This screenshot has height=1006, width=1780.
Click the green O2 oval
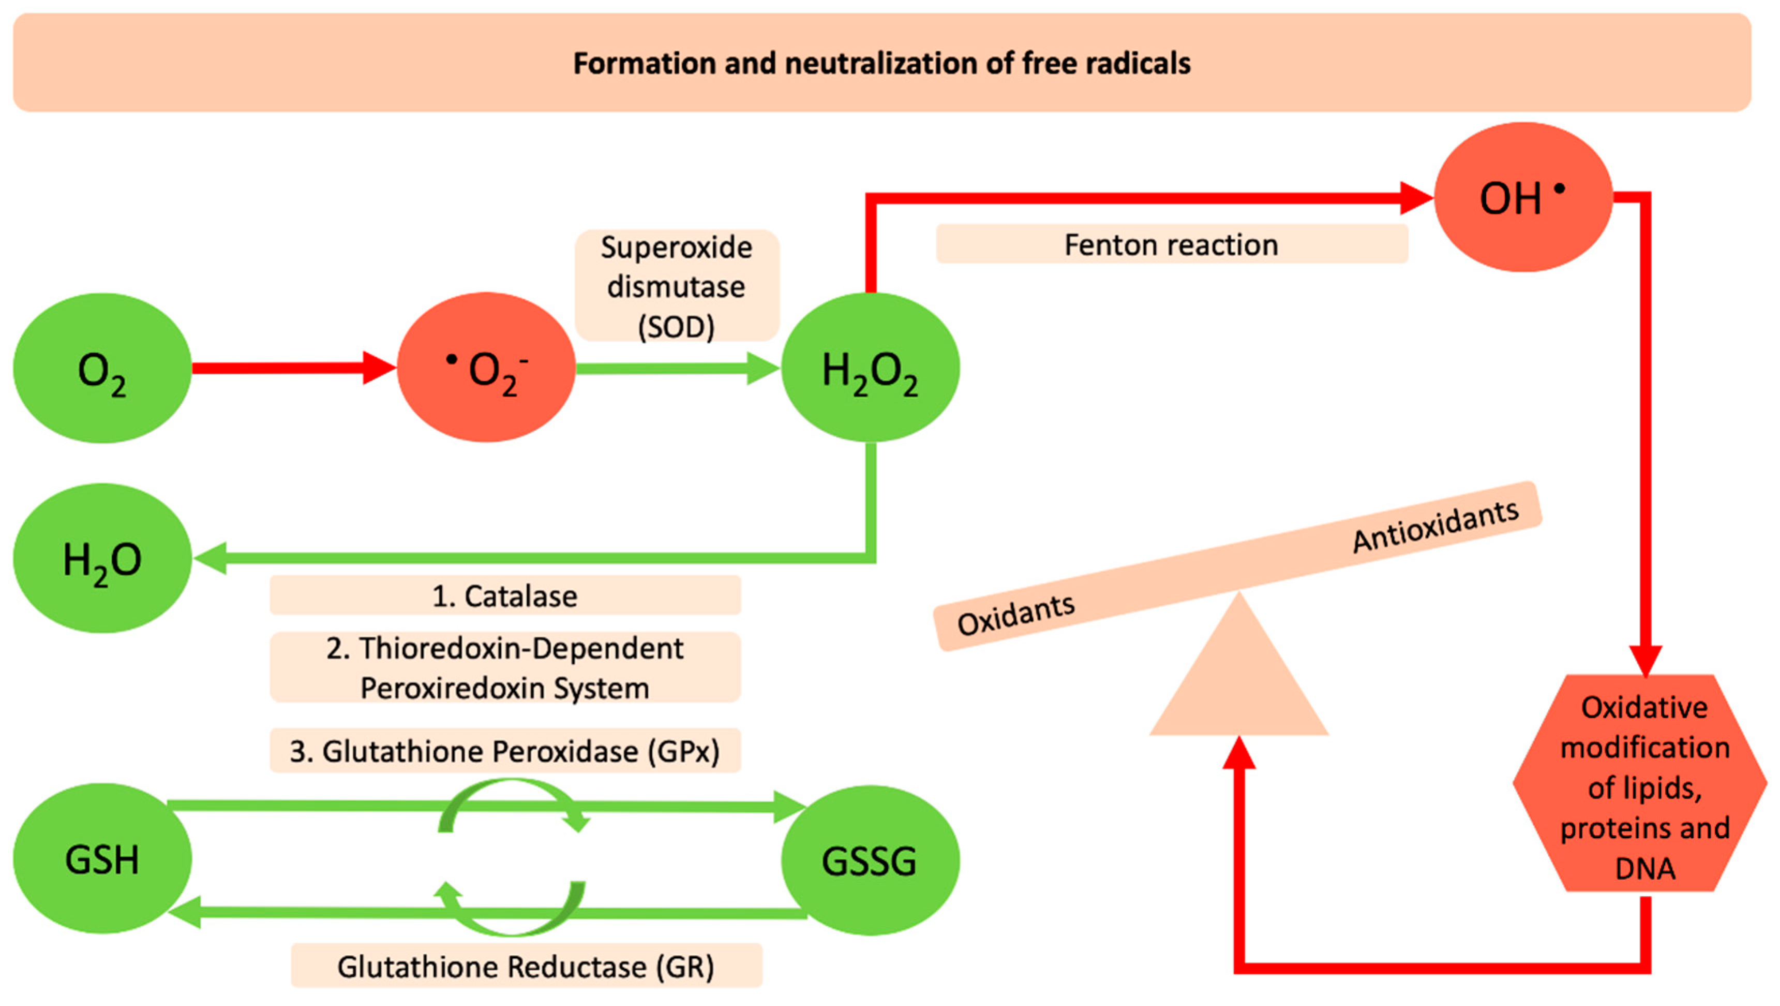point(102,368)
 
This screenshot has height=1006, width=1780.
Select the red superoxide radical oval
point(486,368)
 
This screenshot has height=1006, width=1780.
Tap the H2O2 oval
point(870,368)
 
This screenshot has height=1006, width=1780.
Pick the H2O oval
point(102,558)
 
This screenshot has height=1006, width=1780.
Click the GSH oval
point(102,859)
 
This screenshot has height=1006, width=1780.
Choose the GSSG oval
point(870,860)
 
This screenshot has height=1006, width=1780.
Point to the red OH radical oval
point(1523,198)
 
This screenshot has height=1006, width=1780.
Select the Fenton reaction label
point(1171,245)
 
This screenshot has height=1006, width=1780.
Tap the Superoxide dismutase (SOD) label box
point(677,286)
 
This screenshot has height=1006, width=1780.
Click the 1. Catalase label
point(504,595)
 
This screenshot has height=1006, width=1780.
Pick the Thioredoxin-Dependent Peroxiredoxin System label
point(504,667)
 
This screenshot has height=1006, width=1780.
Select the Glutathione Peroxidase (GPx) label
point(504,751)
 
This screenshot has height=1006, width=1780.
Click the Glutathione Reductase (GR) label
point(526,966)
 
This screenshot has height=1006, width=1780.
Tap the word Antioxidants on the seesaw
point(1436,527)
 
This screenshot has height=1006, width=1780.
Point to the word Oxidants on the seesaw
point(1016,614)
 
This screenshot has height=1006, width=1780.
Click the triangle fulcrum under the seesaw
point(1238,681)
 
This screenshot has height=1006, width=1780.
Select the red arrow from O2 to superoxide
point(290,368)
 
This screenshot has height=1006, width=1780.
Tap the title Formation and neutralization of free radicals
point(881,63)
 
